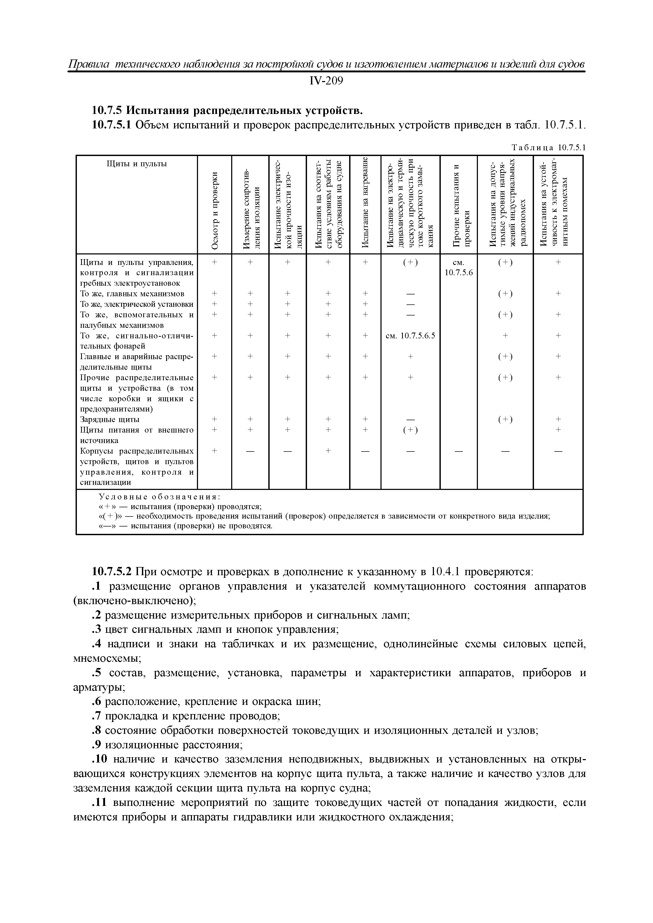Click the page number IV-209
326,81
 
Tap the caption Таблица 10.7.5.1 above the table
548,148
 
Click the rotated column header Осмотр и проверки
215,209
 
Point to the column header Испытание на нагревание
365,203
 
